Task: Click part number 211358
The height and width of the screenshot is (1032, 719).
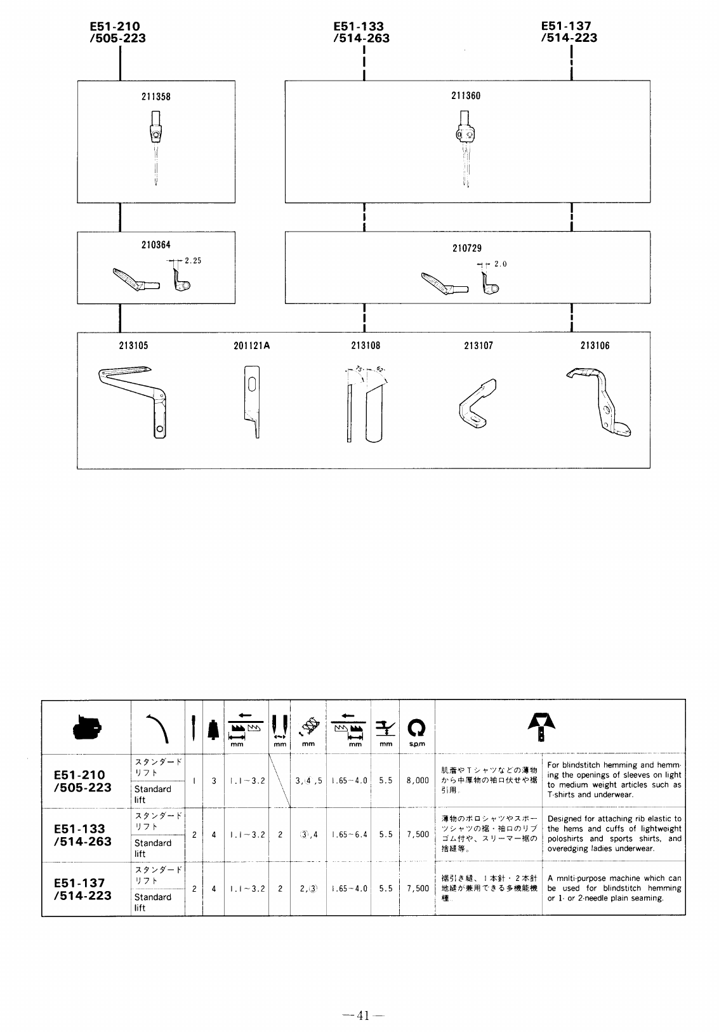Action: click(x=155, y=97)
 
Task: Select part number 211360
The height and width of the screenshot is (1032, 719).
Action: click(x=466, y=96)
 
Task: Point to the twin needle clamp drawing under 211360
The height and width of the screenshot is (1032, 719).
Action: click(x=465, y=147)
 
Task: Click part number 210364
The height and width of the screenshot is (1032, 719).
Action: click(x=155, y=245)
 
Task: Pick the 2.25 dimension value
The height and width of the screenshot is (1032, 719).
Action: click(x=193, y=260)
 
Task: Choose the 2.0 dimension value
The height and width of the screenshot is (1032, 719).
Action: click(x=501, y=264)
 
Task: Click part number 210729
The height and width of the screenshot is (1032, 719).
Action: click(x=466, y=248)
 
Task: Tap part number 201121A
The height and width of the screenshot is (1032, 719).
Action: click(x=251, y=346)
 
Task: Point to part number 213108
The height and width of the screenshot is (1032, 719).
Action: click(x=366, y=346)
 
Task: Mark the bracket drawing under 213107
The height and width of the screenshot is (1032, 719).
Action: click(x=477, y=407)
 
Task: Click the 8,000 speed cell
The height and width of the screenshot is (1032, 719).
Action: click(x=417, y=781)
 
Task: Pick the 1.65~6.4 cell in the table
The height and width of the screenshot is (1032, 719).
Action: click(x=349, y=835)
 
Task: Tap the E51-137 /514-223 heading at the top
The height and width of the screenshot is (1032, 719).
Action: click(x=569, y=32)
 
